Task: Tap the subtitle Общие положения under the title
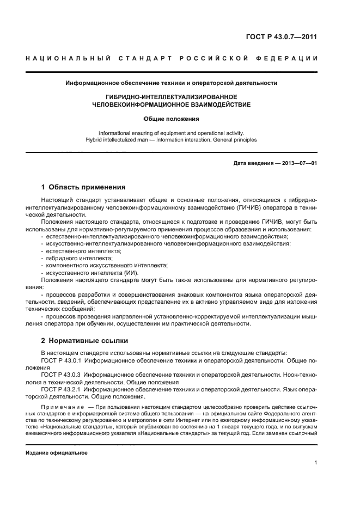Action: point(171,118)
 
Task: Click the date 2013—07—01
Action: point(298,163)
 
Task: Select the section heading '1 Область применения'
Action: point(84,187)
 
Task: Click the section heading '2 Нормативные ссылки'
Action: point(85,341)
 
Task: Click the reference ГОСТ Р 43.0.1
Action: point(61,360)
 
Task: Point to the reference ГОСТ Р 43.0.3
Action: point(61,375)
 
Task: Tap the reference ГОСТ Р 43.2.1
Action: point(61,390)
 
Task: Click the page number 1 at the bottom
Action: point(316,463)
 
